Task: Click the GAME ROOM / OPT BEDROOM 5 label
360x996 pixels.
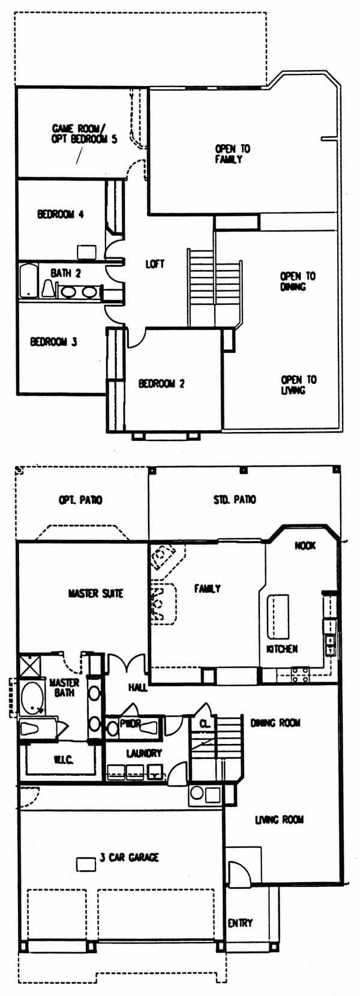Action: [x=84, y=134]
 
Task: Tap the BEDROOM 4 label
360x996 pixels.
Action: [x=61, y=214]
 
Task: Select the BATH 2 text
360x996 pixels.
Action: [x=65, y=273]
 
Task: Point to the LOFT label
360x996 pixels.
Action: [x=155, y=264]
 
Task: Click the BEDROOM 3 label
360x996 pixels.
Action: [x=53, y=342]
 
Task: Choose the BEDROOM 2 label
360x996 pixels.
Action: [x=161, y=383]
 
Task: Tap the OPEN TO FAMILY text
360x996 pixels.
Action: [x=232, y=154]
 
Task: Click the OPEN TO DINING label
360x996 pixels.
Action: [x=298, y=281]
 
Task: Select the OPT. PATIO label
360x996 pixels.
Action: [x=80, y=500]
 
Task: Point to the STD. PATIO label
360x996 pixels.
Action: [x=235, y=499]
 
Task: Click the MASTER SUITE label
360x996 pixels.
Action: [x=95, y=593]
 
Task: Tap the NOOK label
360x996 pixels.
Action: [x=305, y=545]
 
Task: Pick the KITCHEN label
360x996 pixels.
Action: [x=282, y=649]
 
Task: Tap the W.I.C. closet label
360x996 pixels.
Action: [x=61, y=760]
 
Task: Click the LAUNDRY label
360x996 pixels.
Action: [x=143, y=753]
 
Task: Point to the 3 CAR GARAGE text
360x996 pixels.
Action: [x=129, y=857]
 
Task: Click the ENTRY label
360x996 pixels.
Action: [x=240, y=923]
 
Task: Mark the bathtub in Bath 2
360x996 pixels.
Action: [x=29, y=281]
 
